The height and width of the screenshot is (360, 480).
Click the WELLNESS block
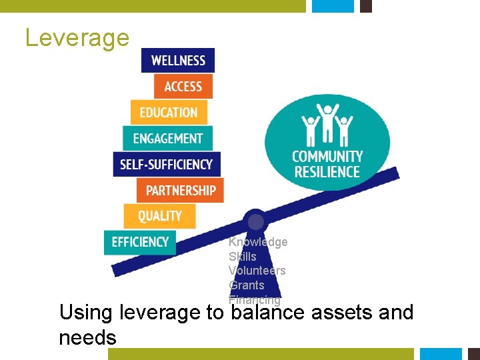(x=178, y=61)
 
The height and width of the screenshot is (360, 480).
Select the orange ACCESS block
(x=183, y=87)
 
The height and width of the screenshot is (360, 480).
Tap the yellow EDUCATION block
(x=169, y=113)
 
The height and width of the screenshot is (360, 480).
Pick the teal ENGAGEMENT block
(x=167, y=139)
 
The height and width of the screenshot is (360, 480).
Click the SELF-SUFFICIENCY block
(x=166, y=164)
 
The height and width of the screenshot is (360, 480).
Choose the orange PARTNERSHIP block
(x=180, y=191)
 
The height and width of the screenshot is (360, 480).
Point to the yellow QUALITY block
(x=159, y=216)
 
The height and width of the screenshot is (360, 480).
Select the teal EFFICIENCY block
(x=140, y=242)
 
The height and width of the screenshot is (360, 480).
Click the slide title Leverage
(x=77, y=37)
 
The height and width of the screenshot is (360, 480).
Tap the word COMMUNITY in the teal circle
(x=327, y=157)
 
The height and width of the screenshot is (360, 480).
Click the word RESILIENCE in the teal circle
(x=327, y=172)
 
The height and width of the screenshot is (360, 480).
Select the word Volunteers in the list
(x=257, y=271)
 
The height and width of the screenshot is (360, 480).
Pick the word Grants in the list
(x=247, y=285)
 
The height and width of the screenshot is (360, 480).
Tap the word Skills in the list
(x=243, y=256)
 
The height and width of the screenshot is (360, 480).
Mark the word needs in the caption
(x=87, y=338)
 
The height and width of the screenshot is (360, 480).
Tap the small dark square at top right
(x=365, y=6)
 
